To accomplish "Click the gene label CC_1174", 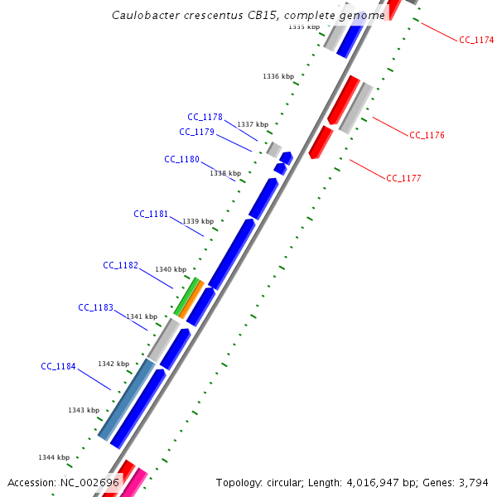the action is point(476,40).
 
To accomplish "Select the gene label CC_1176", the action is point(427,135).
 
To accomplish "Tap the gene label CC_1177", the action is point(403,178).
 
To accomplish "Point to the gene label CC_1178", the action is point(205,117).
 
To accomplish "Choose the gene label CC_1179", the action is point(196,132).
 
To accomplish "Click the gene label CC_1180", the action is point(181,159).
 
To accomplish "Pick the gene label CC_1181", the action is point(151,214).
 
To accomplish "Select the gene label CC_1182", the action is point(120,265).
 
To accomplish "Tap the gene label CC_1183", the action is point(95,307).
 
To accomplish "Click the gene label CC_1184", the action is point(58,366).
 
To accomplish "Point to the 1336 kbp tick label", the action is point(278,76).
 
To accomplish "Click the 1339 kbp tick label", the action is point(197,221).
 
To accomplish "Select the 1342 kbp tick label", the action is point(113,364).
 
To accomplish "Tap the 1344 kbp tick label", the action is point(53,457).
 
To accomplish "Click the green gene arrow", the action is point(186,297).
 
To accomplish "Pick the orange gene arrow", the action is point(191,300).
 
